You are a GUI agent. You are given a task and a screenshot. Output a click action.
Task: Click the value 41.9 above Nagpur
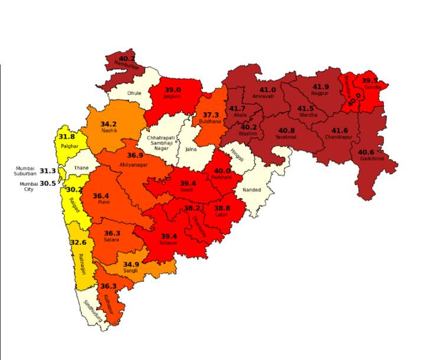[321, 87]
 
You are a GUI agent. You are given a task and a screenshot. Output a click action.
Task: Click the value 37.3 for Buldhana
[211, 114]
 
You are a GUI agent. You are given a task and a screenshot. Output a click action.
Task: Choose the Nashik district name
[109, 132]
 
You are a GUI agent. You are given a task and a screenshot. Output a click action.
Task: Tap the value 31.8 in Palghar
[67, 137]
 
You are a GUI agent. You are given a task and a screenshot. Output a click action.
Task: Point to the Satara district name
[112, 240]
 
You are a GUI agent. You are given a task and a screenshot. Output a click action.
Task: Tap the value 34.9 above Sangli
[130, 264]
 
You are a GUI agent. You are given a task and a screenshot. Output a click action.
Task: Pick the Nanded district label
[251, 190]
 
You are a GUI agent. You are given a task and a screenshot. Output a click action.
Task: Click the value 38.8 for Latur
[223, 208]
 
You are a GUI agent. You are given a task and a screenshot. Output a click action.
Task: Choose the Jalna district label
[191, 150]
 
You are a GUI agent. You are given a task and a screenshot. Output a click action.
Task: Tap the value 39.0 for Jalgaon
[172, 90]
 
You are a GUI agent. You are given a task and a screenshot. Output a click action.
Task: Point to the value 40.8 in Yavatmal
[287, 130]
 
